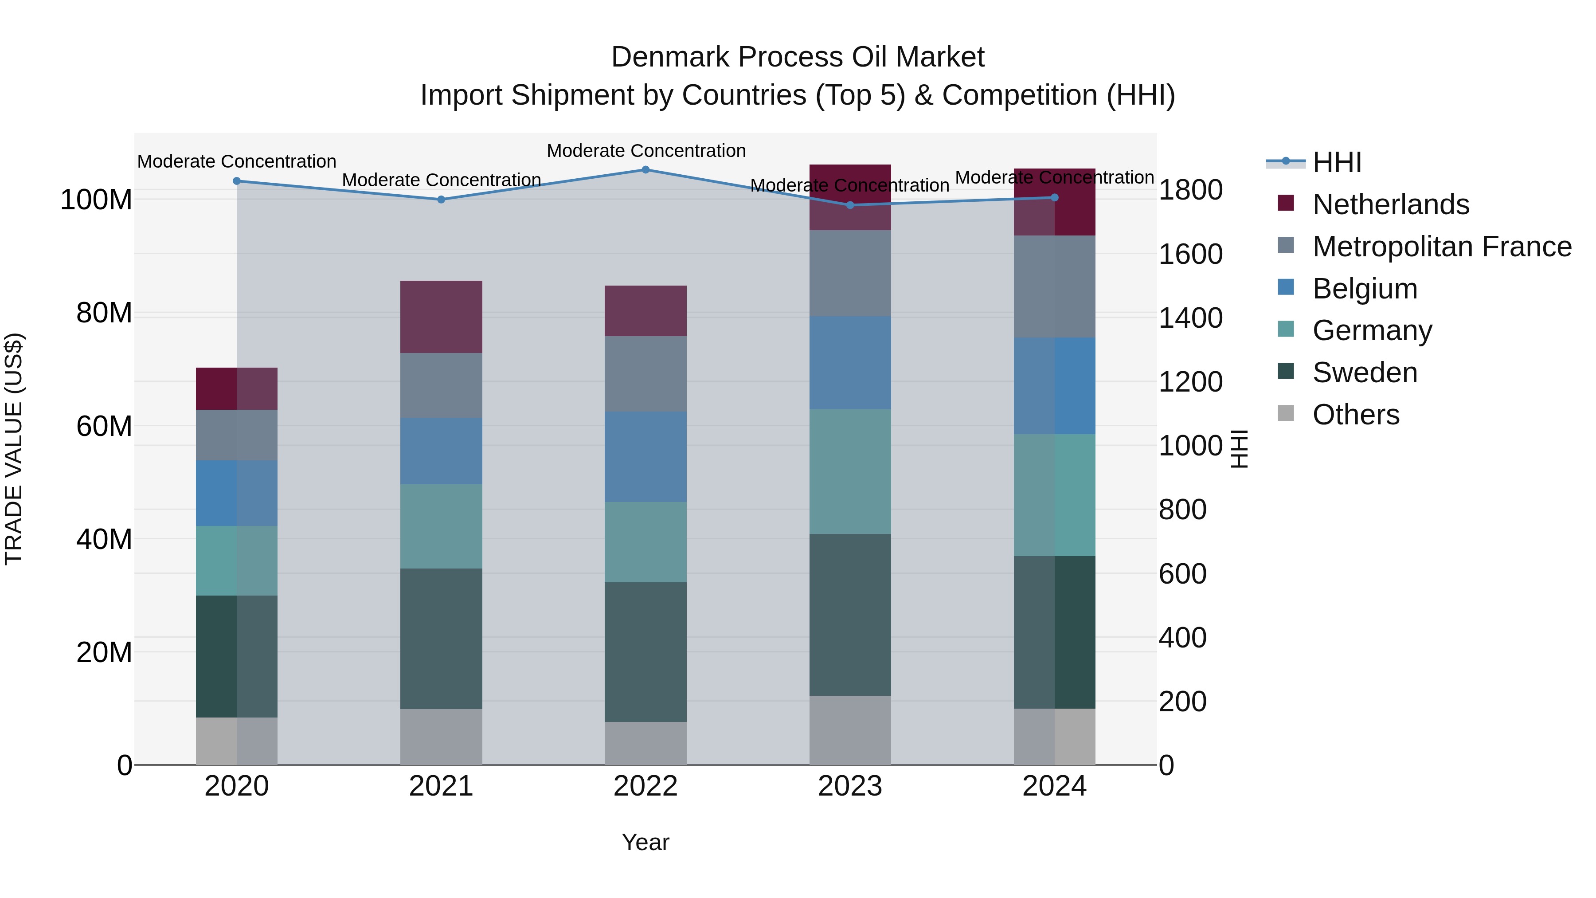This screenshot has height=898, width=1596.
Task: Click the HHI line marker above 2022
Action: (645, 170)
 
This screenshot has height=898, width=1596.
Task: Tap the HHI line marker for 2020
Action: (237, 181)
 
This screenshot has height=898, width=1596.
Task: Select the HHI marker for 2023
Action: (850, 205)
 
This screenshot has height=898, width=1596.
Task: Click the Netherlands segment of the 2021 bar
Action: (441, 317)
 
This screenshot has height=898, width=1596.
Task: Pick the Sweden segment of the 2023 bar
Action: (850, 614)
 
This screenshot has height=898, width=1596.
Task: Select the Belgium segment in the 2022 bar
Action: (645, 457)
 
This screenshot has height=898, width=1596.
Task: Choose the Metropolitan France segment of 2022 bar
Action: (645, 374)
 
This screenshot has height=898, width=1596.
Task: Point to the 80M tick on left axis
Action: (104, 314)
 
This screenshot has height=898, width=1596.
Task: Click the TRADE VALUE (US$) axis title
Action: (14, 449)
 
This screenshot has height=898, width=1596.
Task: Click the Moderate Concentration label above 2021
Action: (441, 180)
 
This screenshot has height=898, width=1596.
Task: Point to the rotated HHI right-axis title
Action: (1239, 449)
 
